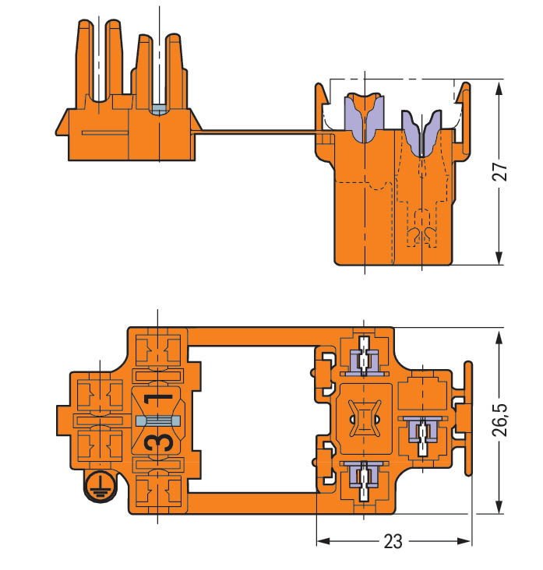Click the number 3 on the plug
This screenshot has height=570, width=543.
pyautogui.click(x=159, y=442)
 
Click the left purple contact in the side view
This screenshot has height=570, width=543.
pyautogui.click(x=363, y=117)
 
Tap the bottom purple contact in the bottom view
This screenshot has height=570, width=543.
pyautogui.click(x=364, y=477)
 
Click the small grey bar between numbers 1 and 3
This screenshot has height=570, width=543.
pyautogui.click(x=159, y=420)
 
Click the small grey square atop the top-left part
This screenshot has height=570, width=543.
pyautogui.click(x=158, y=108)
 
